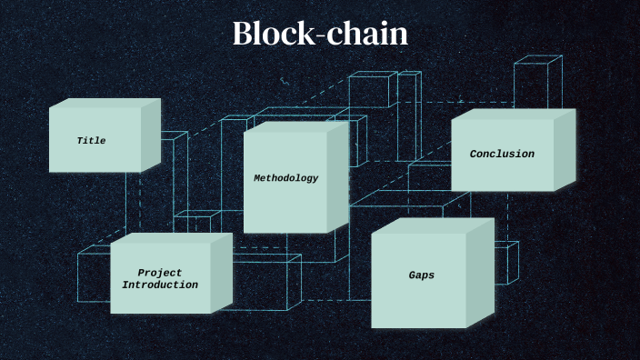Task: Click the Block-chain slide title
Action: click(x=320, y=35)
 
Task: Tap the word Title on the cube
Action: click(x=91, y=141)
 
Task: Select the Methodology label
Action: click(x=285, y=178)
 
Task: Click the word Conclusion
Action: click(x=502, y=155)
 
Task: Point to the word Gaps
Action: click(x=421, y=275)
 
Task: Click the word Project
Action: click(x=160, y=273)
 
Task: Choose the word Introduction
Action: click(x=160, y=285)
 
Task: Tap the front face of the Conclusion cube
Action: click(x=502, y=173)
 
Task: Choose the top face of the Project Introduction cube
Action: click(x=173, y=238)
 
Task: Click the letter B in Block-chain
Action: click(x=243, y=35)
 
